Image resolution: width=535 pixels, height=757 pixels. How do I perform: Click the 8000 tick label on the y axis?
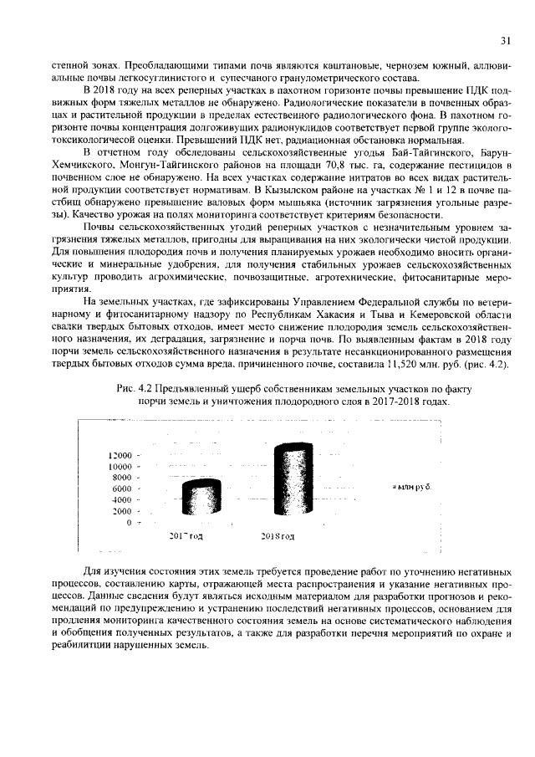coord(122,477)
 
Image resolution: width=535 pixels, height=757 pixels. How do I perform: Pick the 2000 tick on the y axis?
coord(122,510)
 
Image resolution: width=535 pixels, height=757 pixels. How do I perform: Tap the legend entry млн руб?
coord(411,487)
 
